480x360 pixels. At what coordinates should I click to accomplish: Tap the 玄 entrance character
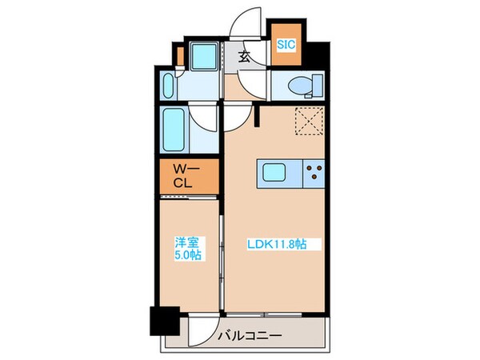tap(243, 57)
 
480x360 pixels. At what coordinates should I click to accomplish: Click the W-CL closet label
tap(187, 177)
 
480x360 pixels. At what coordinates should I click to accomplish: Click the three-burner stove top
tap(313, 172)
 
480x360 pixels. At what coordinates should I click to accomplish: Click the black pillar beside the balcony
tap(165, 324)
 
